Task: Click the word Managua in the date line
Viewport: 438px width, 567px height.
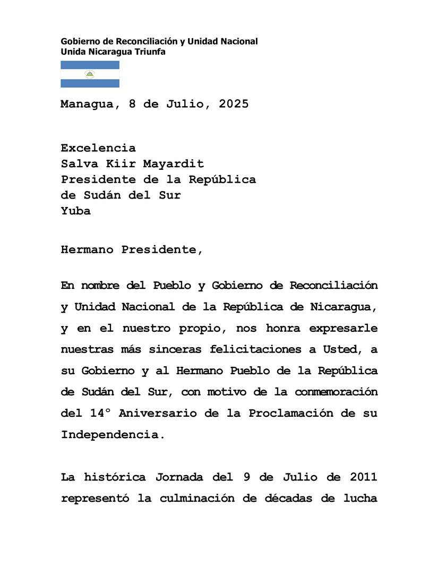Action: [x=87, y=105]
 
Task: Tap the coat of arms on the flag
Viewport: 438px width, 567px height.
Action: [x=90, y=74]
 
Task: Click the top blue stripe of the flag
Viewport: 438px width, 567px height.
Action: [x=90, y=65]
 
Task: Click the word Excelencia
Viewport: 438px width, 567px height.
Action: [x=98, y=148]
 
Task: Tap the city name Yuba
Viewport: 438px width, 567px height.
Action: [x=75, y=211]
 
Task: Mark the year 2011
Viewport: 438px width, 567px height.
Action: [x=363, y=477]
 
